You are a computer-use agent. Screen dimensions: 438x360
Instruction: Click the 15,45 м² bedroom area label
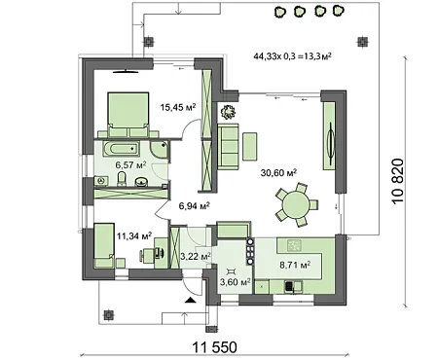178,107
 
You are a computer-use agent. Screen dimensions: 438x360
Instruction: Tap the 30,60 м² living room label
278,172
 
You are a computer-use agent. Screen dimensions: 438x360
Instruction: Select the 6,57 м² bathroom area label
130,164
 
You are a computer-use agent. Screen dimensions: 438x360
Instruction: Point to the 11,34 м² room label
134,235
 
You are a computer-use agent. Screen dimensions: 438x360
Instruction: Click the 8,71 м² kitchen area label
295,265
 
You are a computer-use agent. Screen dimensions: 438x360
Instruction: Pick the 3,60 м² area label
236,282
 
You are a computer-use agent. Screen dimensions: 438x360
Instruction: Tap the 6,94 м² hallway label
195,205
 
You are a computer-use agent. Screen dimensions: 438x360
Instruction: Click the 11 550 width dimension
215,347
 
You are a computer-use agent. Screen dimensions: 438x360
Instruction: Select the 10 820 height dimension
398,181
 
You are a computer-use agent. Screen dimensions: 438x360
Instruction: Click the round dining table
296,204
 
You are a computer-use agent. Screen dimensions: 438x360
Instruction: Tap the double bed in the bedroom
128,114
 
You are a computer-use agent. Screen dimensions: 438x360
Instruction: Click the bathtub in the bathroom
122,149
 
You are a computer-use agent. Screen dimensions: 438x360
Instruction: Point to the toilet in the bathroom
122,179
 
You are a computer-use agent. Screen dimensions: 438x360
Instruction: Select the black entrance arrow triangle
191,300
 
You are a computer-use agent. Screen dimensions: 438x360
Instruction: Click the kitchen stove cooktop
294,245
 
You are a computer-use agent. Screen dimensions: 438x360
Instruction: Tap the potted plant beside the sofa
228,112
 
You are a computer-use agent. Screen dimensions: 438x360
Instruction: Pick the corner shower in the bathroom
159,150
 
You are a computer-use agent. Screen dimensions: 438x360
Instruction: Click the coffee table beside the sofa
250,146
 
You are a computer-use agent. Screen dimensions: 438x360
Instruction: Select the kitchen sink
289,286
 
